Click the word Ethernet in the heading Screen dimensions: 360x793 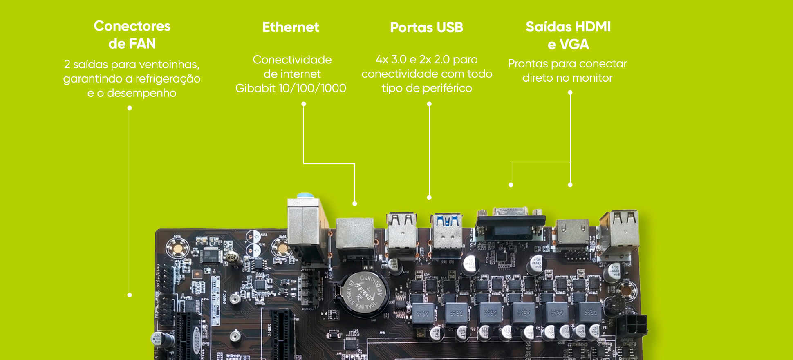[291, 27]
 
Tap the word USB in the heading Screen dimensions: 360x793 [450, 27]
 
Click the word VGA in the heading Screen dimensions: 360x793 [574, 44]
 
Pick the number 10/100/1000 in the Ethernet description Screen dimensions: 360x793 [312, 88]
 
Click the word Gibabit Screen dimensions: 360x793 [255, 88]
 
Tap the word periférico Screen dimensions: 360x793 [447, 88]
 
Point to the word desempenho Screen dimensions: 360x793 [141, 93]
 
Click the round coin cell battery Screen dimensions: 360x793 [363, 293]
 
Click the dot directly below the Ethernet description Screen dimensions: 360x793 [304, 104]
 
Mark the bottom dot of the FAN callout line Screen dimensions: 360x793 [130, 295]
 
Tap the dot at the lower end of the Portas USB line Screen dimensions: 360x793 [429, 198]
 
